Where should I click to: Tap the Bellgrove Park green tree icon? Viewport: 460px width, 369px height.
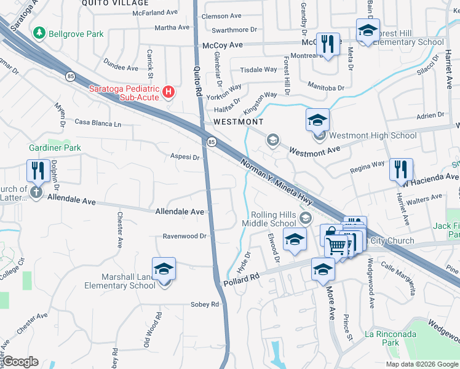(40, 32)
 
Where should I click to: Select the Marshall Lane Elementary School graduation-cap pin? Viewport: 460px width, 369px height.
(164, 269)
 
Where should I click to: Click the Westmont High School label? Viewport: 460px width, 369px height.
(373, 135)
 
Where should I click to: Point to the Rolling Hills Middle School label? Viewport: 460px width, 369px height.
(273, 219)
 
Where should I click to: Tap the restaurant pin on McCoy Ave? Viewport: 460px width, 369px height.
(328, 44)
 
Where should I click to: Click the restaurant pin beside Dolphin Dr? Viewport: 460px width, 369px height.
(38, 170)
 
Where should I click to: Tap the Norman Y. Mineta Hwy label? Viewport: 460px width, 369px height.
(276, 184)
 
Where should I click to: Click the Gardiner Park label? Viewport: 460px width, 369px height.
(55, 148)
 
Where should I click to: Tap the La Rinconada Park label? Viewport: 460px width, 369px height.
(391, 338)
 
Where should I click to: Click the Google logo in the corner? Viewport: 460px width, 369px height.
(21, 362)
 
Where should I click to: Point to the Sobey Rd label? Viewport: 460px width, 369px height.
(205, 304)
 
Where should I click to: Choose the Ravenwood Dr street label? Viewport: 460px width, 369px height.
(187, 236)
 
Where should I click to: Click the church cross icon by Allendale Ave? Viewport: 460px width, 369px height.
(36, 193)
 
